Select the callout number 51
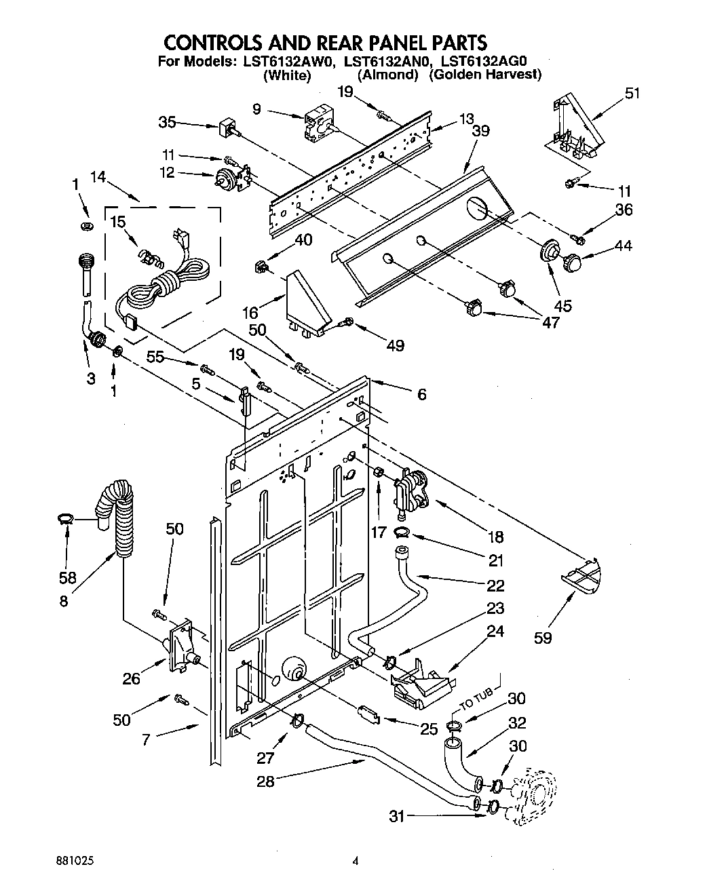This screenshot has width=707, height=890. click(631, 94)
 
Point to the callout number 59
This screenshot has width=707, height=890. click(543, 637)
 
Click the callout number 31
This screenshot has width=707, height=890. click(397, 817)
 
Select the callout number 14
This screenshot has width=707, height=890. click(98, 178)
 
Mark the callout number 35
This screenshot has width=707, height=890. click(167, 123)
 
